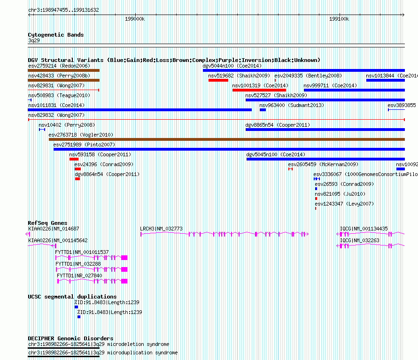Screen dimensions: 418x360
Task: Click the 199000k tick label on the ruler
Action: (135, 19)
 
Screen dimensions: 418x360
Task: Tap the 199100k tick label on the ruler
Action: (339, 19)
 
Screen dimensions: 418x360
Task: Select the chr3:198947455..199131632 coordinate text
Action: (63, 10)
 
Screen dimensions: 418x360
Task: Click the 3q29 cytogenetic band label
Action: (34, 40)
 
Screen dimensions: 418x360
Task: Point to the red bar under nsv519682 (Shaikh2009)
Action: (218, 80)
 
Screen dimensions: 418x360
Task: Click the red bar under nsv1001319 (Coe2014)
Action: (259, 90)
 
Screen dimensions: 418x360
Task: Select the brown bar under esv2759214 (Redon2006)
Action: (64, 70)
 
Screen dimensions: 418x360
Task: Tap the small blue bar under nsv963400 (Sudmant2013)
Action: (263, 110)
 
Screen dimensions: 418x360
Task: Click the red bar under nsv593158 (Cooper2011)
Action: (74, 159)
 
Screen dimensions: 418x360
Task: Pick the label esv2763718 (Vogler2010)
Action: (81, 135)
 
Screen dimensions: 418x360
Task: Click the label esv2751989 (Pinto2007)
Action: (84, 145)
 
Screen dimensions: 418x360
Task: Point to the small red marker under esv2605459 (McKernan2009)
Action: (291, 169)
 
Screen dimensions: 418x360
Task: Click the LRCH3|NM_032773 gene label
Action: (161, 229)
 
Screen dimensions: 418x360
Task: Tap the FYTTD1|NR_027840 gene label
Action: (79, 276)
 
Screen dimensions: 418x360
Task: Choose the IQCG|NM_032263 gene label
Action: (360, 240)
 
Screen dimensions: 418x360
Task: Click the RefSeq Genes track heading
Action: (47, 223)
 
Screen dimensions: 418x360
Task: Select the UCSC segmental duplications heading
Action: (72, 297)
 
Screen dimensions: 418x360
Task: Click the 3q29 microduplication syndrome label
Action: (135, 352)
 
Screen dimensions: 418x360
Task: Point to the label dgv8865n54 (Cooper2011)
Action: (278, 125)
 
